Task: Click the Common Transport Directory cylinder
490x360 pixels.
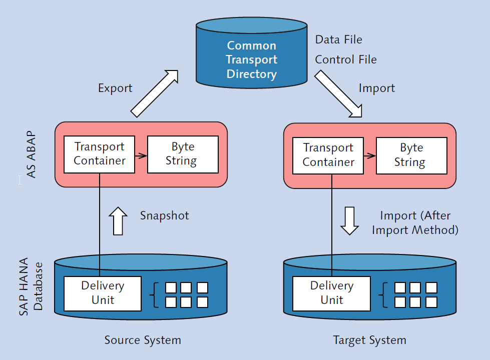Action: (x=251, y=59)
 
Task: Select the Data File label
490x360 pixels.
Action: (x=338, y=39)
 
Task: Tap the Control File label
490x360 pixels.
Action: (x=345, y=60)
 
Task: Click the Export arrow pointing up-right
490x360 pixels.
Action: (x=154, y=93)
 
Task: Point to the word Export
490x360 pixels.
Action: (x=115, y=88)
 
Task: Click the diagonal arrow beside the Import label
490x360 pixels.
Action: (x=338, y=93)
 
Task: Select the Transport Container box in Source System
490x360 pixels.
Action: (x=100, y=154)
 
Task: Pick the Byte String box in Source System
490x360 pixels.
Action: (x=183, y=154)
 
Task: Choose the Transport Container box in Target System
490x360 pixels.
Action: (x=328, y=155)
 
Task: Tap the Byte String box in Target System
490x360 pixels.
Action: (x=411, y=155)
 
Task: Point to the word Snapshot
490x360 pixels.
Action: (x=164, y=215)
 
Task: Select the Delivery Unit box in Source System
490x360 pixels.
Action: (x=102, y=293)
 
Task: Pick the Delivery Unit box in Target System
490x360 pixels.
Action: (x=331, y=293)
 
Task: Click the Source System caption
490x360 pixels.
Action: (x=143, y=340)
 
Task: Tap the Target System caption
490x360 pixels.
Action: (x=369, y=340)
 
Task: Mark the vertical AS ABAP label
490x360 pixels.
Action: (x=31, y=154)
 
